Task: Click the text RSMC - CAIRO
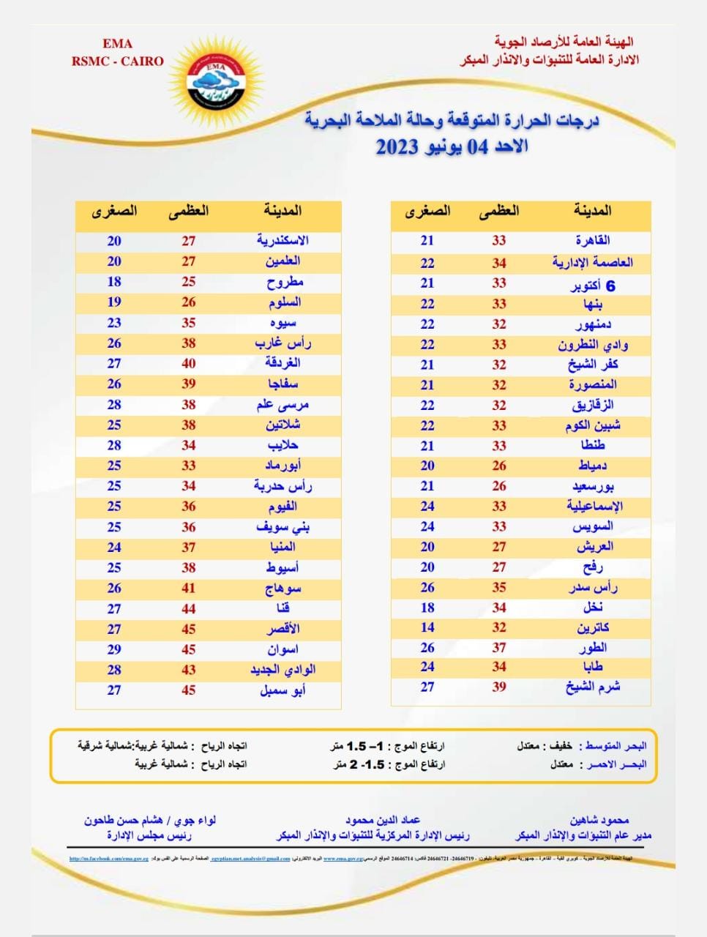coord(118,61)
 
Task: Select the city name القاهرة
coord(593,241)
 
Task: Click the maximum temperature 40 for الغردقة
coord(189,364)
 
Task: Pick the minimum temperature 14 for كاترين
coord(427,627)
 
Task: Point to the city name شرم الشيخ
coord(593,687)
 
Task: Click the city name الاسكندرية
coord(283,241)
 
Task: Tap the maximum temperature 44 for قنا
coord(189,609)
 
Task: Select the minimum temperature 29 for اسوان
coord(114,649)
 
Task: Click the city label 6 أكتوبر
coord(593,284)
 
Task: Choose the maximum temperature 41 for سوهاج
coord(189,588)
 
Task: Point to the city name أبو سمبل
coord(283,690)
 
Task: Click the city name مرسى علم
coord(283,405)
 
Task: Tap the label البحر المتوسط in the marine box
coord(615,746)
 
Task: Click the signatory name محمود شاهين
coord(599,821)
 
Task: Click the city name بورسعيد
coord(593,486)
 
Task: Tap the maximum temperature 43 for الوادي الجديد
coord(189,670)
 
